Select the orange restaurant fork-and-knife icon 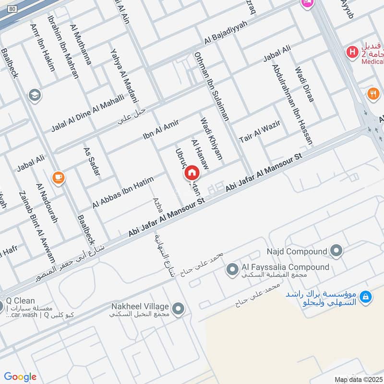373,94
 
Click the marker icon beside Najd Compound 336,251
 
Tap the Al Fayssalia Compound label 285,267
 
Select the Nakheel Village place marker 179,309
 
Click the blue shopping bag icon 366,298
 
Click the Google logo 20,377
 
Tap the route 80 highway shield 12,9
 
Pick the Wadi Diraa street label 305,84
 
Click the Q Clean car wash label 21,301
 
